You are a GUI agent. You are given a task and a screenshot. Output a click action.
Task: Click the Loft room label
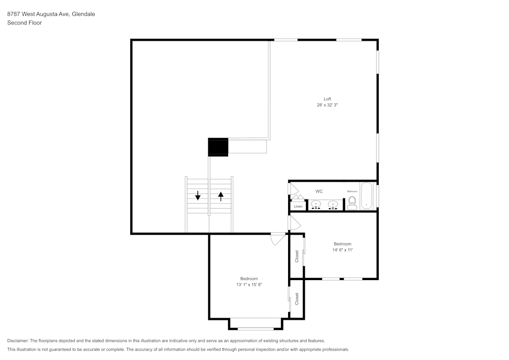[327, 99]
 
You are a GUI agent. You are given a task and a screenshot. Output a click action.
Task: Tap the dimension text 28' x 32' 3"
[327, 105]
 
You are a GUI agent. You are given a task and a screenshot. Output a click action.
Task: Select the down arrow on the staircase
[197, 196]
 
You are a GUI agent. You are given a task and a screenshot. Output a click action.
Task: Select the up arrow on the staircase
[220, 196]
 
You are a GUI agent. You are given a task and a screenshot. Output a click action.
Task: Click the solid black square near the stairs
[218, 147]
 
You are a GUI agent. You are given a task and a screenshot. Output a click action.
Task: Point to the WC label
[319, 191]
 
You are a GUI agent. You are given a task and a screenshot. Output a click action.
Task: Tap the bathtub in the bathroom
[367, 196]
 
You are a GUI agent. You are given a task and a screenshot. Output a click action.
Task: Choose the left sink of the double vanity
[316, 205]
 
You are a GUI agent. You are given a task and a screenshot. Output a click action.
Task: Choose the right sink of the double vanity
[333, 205]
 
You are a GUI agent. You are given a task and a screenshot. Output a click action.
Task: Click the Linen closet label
[298, 206]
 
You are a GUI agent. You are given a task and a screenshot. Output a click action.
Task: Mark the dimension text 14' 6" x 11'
[342, 250]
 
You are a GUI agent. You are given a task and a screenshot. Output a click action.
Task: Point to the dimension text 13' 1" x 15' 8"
[249, 285]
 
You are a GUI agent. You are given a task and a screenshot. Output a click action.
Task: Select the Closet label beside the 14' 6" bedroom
[297, 256]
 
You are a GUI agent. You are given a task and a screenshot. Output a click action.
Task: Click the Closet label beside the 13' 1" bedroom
[297, 299]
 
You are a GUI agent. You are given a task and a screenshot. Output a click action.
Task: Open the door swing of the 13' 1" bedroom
[278, 239]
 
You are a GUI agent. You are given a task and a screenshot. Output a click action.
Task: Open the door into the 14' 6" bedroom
[294, 223]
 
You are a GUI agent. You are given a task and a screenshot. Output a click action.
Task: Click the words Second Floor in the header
[24, 23]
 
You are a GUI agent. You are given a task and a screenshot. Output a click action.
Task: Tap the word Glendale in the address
[83, 14]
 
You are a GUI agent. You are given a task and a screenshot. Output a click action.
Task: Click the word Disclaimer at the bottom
[18, 341]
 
